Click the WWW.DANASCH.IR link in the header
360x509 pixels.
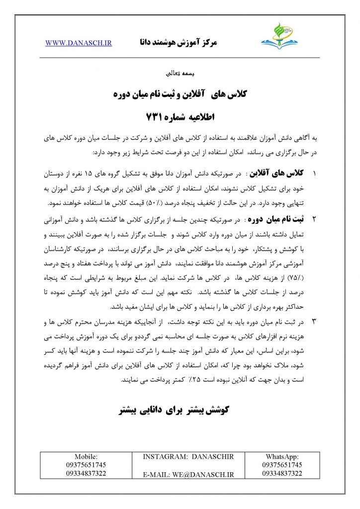tap(79, 43)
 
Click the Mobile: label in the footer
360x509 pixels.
tap(86, 456)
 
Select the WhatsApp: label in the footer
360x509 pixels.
tap(281, 456)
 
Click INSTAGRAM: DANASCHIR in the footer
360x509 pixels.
tap(188, 456)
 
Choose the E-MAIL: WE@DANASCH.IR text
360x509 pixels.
tap(188, 475)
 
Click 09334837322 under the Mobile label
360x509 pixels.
tap(86, 473)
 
